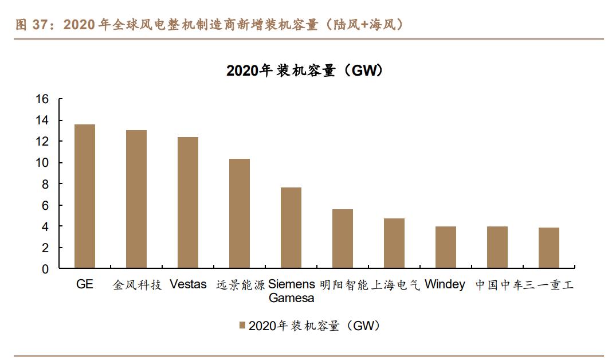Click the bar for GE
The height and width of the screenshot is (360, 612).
point(85,196)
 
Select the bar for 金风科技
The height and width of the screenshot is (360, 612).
point(136,199)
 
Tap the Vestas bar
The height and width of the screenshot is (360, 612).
point(188,202)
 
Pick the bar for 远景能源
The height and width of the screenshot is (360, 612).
point(240,213)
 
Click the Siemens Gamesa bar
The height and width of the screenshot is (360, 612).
point(291,228)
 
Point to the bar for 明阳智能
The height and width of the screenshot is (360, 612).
point(343,238)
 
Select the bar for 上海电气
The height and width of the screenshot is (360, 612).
point(394,243)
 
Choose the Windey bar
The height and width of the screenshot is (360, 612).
point(446,247)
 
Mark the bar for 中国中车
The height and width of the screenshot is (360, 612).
point(497,247)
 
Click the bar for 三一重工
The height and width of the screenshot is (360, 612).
point(549,248)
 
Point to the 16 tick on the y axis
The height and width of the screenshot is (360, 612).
point(43,99)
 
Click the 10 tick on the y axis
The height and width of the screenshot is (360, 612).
point(43,163)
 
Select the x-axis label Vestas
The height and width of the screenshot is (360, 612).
point(188,284)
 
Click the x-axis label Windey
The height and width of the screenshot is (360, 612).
point(445,284)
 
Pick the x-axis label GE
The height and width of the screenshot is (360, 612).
point(85,284)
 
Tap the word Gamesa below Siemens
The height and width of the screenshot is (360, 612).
point(291,298)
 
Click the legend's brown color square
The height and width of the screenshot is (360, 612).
point(242,326)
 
